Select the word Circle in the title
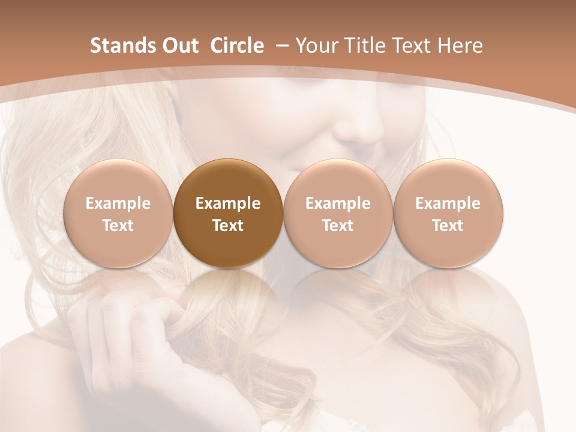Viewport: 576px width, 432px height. [x=237, y=46]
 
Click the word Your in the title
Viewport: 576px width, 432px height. [x=314, y=46]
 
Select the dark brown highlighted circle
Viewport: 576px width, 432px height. [x=228, y=213]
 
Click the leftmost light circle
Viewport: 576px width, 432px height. [x=118, y=213]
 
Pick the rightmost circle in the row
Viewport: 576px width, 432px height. [x=448, y=213]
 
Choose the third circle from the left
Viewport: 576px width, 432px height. [x=338, y=213]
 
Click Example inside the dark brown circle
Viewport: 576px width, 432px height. [x=228, y=203]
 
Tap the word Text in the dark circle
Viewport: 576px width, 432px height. [x=228, y=226]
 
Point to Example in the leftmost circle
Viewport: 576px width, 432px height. [x=118, y=203]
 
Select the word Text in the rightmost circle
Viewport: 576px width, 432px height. [x=448, y=226]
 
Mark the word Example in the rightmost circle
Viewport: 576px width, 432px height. [x=448, y=203]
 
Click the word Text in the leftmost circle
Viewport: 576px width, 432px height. [x=118, y=226]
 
